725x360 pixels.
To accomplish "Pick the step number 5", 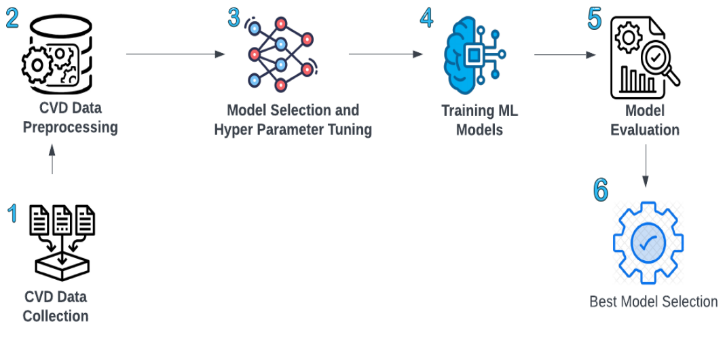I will pyautogui.click(x=595, y=19).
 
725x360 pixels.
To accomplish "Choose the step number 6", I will pyautogui.click(x=601, y=190).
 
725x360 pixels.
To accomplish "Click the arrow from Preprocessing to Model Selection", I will pyautogui.click(x=176, y=54).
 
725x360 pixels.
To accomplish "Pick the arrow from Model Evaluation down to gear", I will pyautogui.click(x=645, y=163).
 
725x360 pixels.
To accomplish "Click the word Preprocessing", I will pyautogui.click(x=71, y=127).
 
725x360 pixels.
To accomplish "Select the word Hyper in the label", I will pyautogui.click(x=234, y=129).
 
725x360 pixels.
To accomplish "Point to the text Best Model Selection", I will pyautogui.click(x=653, y=302).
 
